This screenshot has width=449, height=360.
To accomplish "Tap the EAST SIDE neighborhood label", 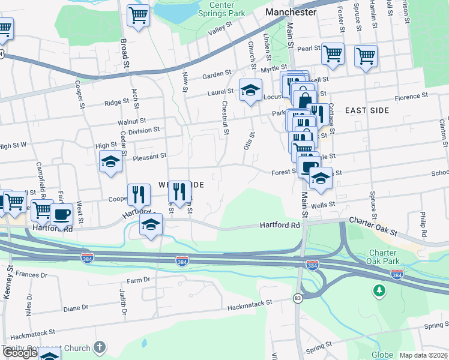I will pos(367,110).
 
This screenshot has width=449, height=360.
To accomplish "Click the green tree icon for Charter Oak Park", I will pos(379,292).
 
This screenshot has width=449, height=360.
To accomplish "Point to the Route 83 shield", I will pos(298,298).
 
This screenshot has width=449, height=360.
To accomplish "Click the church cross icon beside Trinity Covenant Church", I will pos(100,347).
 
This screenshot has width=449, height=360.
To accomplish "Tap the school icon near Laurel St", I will pos(250,91).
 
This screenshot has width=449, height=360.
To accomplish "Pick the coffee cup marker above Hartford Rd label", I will pos(61,214).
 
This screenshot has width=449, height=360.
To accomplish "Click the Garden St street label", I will pos(216,74).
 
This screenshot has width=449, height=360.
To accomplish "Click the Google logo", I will pos(20,353).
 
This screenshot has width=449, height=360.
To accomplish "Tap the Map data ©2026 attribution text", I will pos(423,355).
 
